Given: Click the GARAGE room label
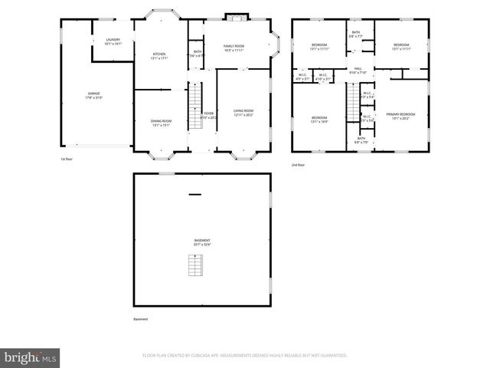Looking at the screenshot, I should [93, 96].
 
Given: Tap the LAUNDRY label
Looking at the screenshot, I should [113, 41].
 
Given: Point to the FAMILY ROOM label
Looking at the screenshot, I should [233, 48].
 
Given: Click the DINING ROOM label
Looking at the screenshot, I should [161, 122].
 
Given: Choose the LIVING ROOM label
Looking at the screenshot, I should [243, 112].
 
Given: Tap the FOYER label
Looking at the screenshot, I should [207, 114].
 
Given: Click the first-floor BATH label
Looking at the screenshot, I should [198, 53].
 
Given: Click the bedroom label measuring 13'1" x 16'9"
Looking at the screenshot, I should [319, 120].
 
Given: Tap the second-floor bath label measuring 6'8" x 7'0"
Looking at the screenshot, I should [361, 140].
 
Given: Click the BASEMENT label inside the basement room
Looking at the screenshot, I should [202, 242].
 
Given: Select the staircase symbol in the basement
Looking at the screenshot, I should [194, 264].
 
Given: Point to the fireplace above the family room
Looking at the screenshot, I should [237, 16].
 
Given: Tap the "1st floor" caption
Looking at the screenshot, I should [67, 159].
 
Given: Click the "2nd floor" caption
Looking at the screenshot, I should [298, 165].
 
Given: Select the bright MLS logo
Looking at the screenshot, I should [31, 356].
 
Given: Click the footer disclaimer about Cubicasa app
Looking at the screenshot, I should [245, 356].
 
